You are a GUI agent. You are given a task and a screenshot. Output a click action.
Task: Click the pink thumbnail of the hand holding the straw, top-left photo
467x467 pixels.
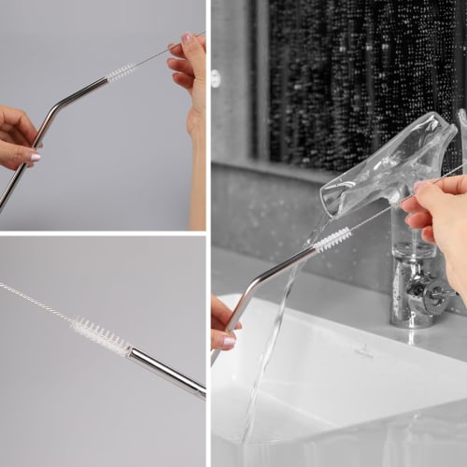34,158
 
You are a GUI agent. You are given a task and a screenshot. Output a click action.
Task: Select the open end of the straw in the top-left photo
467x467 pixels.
106,81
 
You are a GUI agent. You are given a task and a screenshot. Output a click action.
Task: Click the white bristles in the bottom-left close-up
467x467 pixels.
101,335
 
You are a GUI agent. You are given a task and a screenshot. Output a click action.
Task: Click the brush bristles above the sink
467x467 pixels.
333,240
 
